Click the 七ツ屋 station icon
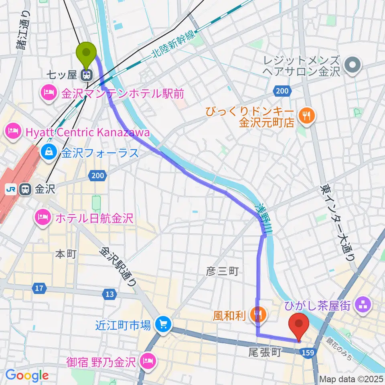click(x=85, y=75)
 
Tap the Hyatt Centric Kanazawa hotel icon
click(x=12, y=132)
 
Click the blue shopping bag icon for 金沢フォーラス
click(x=49, y=152)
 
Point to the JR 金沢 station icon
click(x=25, y=189)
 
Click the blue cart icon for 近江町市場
click(x=163, y=324)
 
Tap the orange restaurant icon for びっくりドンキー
click(x=308, y=115)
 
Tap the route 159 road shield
click(x=306, y=352)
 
